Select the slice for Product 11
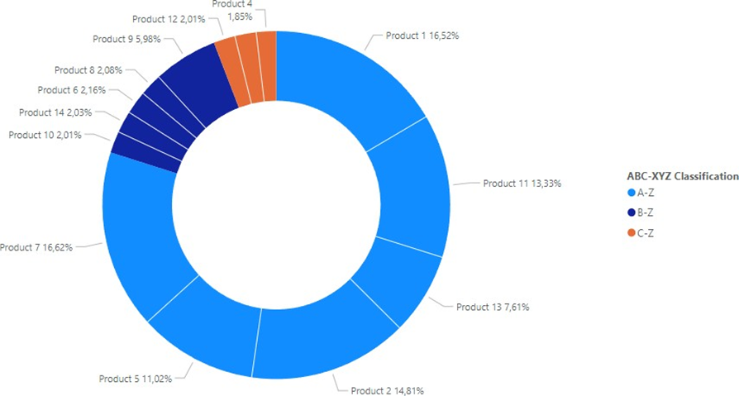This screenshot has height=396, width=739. pos(409,190)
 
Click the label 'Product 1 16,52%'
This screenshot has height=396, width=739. pos(422,36)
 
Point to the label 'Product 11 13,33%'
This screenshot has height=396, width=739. pos(522,184)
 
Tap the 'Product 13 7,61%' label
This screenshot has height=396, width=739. pos(493,307)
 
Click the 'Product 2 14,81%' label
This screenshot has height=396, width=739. pos(388,390)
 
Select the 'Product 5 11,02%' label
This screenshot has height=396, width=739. pos(136,379)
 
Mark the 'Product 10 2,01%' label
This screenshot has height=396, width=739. pos(45,135)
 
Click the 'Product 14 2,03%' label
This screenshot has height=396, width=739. pos(55,112)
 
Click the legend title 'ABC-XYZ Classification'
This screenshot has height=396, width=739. pos(683,176)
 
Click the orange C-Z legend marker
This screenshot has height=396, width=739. pos(632,232)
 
